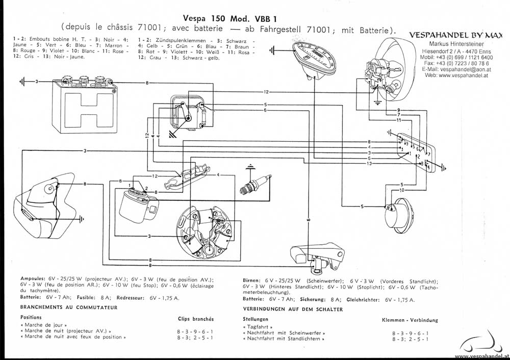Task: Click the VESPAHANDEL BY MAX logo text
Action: (x=456, y=36)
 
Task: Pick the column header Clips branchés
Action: (x=196, y=318)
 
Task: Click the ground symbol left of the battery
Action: (x=23, y=82)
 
